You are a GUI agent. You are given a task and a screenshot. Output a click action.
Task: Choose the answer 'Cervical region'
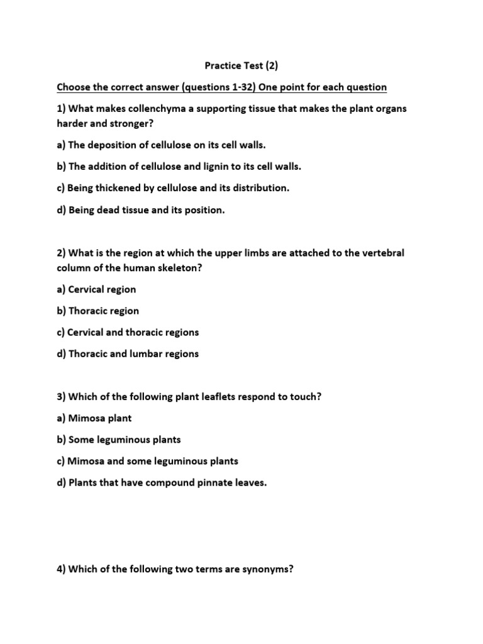point(102,289)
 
